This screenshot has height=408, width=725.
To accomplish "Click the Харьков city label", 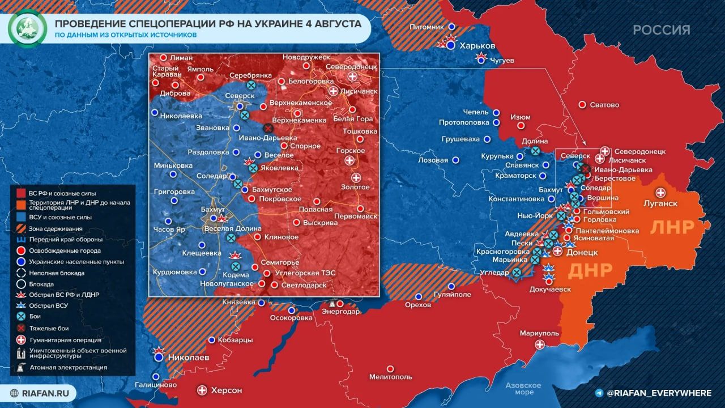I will pyautogui.click(x=477, y=46).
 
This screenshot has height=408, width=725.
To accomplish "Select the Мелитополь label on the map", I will pyautogui.click(x=390, y=377).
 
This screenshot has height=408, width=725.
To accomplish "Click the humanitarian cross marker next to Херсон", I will pyautogui.click(x=202, y=390).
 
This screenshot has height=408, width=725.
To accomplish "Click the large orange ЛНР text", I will pyautogui.click(x=672, y=227).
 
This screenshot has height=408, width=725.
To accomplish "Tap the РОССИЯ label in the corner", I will pyautogui.click(x=662, y=30).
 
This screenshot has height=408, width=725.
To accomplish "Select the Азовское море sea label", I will pyautogui.click(x=523, y=389).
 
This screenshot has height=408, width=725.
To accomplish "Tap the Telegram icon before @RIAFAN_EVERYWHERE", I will pyautogui.click(x=599, y=393).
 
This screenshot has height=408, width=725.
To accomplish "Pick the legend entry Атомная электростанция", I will pyautogui.click(x=69, y=367).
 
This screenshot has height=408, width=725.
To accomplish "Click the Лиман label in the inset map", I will pyautogui.click(x=181, y=58).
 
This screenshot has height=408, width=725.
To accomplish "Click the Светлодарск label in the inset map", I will pyautogui.click(x=305, y=285).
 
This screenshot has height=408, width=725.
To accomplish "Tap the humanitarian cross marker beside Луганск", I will pyautogui.click(x=660, y=193).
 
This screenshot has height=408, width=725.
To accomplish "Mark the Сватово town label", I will pyautogui.click(x=605, y=105).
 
